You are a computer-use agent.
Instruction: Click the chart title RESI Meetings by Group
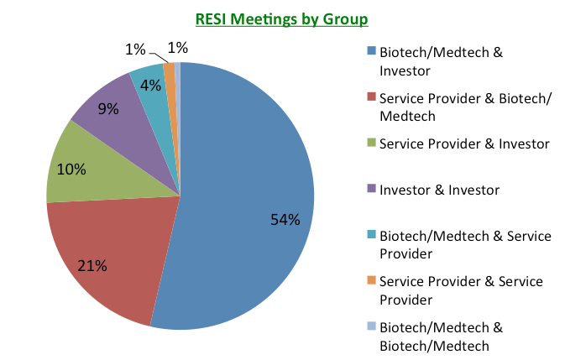pos(282,18)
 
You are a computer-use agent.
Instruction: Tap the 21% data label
pos(92,266)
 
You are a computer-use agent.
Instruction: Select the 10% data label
pos(71,169)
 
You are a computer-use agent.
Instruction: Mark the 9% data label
pos(107,109)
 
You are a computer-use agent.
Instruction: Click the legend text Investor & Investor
pos(439,190)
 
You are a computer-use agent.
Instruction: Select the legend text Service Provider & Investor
pos(464,144)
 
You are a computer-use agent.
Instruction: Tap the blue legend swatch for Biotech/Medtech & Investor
pos(371,53)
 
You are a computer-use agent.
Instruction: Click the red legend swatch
pos(371,98)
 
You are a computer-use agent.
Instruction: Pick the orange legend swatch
pos(371,281)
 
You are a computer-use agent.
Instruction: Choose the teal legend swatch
pos(371,236)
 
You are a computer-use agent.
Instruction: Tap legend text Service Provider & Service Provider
pos(461,290)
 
